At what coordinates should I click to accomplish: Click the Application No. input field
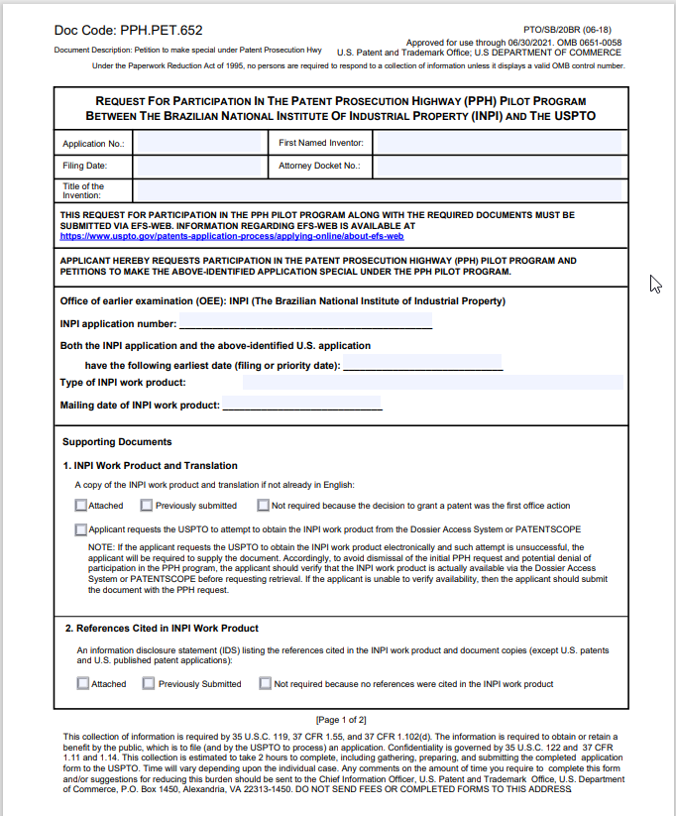pos(197,143)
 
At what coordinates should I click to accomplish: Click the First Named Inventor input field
pos(499,143)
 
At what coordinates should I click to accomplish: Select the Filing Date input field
pos(197,166)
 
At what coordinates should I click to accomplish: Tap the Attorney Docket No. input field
pos(499,166)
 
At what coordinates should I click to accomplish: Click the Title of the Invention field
pos(378,188)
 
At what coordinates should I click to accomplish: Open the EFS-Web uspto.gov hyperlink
pos(231,237)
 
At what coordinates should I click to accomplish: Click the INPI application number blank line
pos(305,323)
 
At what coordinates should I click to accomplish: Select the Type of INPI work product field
pos(432,383)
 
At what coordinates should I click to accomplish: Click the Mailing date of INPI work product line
pos(301,405)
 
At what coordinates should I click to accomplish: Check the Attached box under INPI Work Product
pos(80,505)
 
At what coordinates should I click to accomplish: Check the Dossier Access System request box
pos(80,529)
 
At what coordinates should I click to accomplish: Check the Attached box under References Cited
pos(83,683)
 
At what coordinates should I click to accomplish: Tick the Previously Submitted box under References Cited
pos(149,683)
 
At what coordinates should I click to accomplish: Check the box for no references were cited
pos(265,683)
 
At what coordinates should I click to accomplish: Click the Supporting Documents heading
pos(117,442)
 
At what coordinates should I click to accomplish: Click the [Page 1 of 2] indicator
pos(340,719)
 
